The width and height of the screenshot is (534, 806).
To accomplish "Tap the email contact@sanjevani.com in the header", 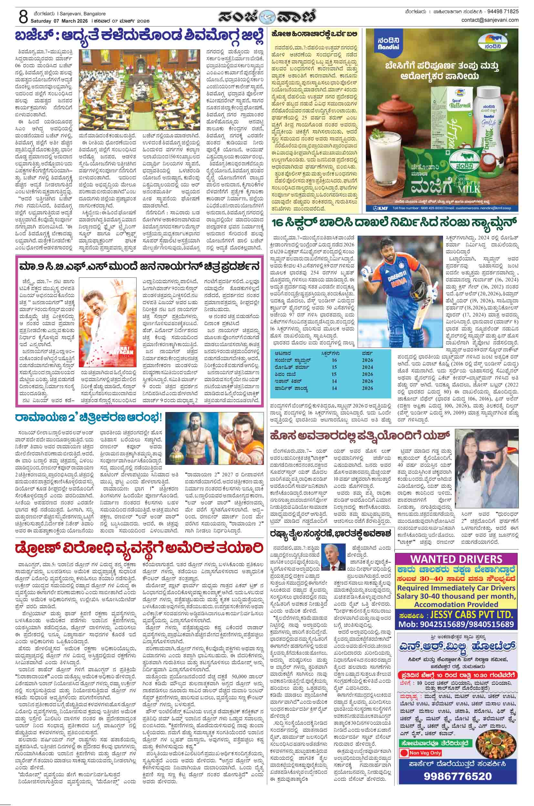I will pyautogui.click(x=490, y=20).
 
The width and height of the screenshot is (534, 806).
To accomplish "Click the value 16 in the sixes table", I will pyautogui.click(x=334, y=360).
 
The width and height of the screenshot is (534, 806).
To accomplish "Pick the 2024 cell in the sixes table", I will pyautogui.click(x=368, y=367).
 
